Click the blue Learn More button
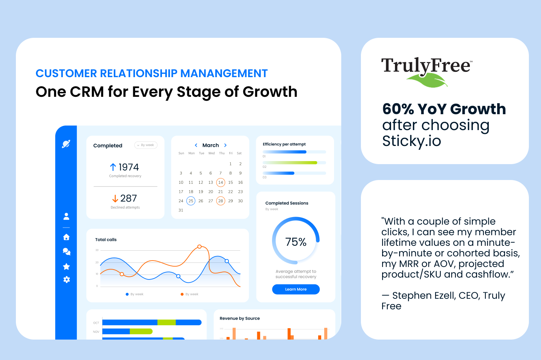(296, 289)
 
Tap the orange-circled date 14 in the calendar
(221, 182)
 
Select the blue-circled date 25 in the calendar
(191, 201)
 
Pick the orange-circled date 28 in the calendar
(221, 201)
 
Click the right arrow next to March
(225, 145)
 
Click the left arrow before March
(196, 145)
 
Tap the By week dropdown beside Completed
(146, 145)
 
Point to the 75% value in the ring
(296, 242)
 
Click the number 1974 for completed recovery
(129, 167)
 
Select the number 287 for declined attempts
(129, 199)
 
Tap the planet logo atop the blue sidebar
(66, 144)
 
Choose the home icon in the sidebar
(66, 237)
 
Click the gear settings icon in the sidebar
(67, 279)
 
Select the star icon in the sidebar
(66, 267)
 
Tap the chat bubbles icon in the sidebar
(67, 251)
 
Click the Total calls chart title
(106, 240)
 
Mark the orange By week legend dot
(182, 294)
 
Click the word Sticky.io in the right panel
(412, 141)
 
